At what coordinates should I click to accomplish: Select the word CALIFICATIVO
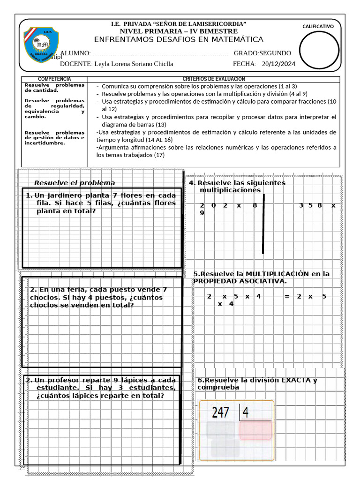click(318, 27)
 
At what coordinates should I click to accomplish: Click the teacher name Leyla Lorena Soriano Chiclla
click(134, 64)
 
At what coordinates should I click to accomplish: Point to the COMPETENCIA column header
click(54, 79)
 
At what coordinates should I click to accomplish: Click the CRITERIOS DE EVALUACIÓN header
click(214, 79)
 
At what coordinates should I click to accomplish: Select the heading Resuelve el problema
click(75, 183)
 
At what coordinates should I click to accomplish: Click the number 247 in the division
click(220, 412)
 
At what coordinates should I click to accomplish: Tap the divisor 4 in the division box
click(245, 412)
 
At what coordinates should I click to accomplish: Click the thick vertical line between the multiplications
click(263, 227)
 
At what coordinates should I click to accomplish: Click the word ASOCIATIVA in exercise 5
click(263, 281)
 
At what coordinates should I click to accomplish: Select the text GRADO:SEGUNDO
click(262, 53)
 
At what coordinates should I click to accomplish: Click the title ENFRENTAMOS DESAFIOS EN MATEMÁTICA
click(179, 39)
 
